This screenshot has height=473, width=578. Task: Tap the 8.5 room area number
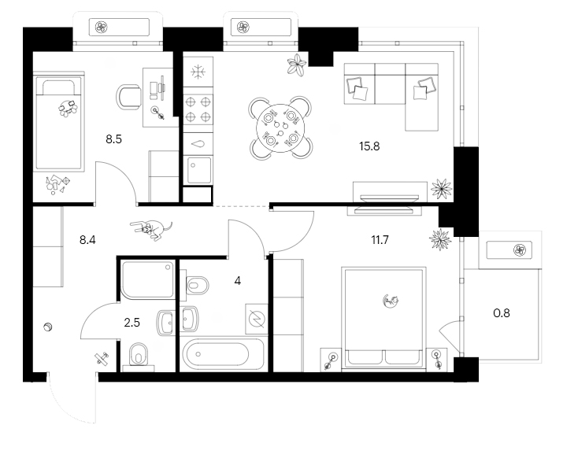point(115,139)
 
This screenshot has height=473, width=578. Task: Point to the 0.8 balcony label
point(501,312)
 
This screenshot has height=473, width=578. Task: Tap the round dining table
point(282,127)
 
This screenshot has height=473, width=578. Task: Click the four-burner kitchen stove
point(198,109)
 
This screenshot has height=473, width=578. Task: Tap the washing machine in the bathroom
point(257,318)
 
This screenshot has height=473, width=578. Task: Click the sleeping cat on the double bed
point(391,300)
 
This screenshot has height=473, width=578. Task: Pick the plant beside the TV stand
point(441,190)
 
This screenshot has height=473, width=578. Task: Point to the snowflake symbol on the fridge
point(198,71)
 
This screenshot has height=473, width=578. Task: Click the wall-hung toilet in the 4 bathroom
point(197,284)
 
